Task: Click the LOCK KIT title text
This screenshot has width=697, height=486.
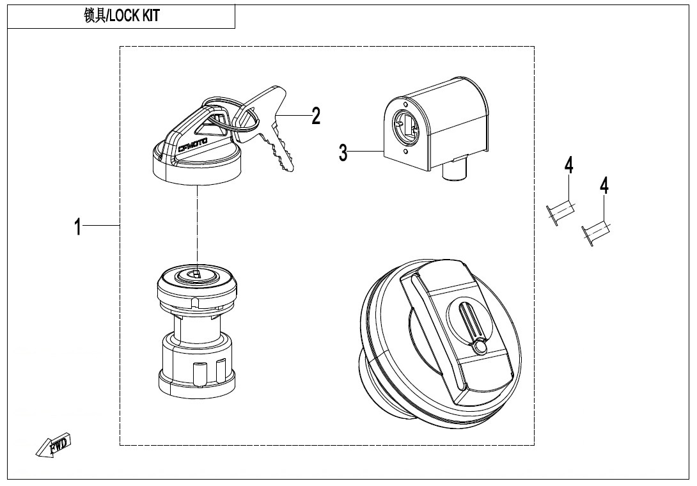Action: [135, 16]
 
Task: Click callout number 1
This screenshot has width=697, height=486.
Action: [78, 227]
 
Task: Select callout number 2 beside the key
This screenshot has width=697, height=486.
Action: [316, 116]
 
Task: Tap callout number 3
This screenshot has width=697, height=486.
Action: [343, 152]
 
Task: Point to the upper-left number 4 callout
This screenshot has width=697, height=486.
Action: [569, 165]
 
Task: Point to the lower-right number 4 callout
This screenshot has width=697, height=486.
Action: [604, 185]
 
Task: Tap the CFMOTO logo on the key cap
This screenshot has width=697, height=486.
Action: [192, 145]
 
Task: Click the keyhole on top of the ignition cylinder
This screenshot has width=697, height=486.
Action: [196, 274]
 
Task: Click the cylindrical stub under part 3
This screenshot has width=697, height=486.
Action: [453, 171]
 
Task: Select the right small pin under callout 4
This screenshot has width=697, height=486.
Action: [596, 233]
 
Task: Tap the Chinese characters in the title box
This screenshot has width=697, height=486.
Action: [95, 16]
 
